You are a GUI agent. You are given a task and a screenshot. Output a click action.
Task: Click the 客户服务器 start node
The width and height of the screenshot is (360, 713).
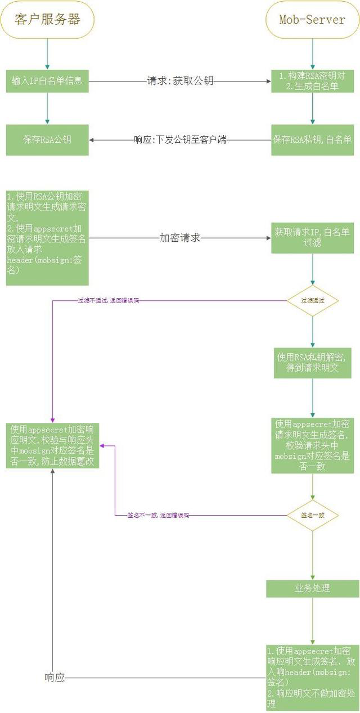coord(47,20)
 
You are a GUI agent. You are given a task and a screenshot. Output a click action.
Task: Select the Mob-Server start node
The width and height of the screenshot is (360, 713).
coord(312,20)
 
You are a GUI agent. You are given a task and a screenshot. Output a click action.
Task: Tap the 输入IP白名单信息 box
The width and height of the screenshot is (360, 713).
coord(47,81)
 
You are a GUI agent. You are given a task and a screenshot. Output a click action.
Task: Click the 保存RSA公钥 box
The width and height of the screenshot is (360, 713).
coord(47,140)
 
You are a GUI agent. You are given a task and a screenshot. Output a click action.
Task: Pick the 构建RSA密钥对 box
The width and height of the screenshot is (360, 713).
coord(312,81)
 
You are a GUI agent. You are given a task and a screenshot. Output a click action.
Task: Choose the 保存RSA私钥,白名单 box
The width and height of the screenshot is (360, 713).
coord(312,140)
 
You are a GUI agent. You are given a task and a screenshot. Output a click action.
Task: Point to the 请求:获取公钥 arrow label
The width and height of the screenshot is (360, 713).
coord(180,81)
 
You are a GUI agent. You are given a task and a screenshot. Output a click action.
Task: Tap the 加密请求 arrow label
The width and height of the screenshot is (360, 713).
coord(180,238)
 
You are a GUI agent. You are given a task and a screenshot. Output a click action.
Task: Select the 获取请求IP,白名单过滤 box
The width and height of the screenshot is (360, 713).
coord(312,238)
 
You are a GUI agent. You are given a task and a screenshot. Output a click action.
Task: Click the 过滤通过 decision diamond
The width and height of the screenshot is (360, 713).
coord(312,301)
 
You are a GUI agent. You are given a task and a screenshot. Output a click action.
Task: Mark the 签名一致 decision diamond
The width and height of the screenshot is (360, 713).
coord(312,515)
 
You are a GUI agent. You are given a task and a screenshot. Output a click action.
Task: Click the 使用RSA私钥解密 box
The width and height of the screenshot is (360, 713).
coord(312,363)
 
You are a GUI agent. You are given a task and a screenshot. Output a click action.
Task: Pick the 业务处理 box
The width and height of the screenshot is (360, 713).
coord(312,588)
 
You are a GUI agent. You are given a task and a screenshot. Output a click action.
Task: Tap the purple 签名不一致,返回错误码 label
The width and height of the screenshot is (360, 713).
coord(158,515)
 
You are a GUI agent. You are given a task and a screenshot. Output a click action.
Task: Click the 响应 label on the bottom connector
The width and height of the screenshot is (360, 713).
coord(55,678)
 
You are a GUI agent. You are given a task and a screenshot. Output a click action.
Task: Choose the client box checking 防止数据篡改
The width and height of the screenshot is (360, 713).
coord(52,445)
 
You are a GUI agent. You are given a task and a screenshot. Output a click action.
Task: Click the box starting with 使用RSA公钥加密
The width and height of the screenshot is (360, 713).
coord(47,238)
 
